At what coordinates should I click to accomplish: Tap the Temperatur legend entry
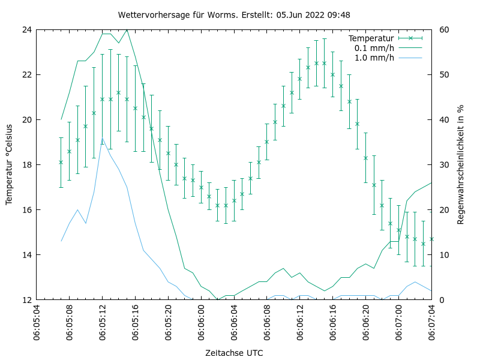[x=373, y=38]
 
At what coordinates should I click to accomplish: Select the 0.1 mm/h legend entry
[x=374, y=48]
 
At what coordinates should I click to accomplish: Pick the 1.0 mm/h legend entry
[x=374, y=58]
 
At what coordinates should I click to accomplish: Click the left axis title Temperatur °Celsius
[x=10, y=164]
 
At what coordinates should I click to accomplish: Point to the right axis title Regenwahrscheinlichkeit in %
[x=461, y=164]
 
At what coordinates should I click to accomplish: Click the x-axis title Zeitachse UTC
[x=234, y=352]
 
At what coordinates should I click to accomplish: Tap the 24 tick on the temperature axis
[x=26, y=29]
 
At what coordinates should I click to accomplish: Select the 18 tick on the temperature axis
[x=26, y=164]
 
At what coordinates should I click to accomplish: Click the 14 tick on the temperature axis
[x=26, y=254]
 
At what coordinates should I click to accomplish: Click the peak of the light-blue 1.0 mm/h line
[x=102, y=139]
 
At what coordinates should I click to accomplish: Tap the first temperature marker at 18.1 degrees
[x=61, y=162]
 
